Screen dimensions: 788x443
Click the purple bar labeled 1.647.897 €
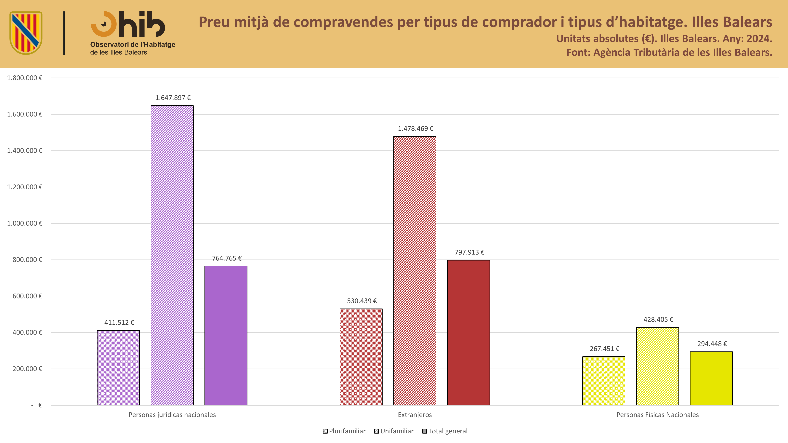click(x=172, y=255)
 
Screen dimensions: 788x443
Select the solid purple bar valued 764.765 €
click(x=226, y=336)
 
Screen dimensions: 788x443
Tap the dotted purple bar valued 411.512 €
click(x=118, y=368)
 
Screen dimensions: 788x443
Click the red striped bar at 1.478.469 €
click(x=415, y=271)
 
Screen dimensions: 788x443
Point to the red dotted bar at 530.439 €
click(x=361, y=357)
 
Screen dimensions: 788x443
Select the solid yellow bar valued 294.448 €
click(x=711, y=378)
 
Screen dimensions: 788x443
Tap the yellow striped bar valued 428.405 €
click(x=657, y=366)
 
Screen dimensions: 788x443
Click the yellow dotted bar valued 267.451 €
click(x=604, y=381)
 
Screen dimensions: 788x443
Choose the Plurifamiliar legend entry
click(x=344, y=431)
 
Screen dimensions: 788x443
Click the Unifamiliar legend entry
click(x=394, y=431)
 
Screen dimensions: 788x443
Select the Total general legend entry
click(x=445, y=431)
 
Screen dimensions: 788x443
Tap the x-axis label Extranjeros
click(x=415, y=415)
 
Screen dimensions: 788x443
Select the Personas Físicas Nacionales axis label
click(x=657, y=415)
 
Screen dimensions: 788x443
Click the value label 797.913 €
click(x=469, y=252)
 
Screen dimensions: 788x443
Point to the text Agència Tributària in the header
click(x=637, y=53)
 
